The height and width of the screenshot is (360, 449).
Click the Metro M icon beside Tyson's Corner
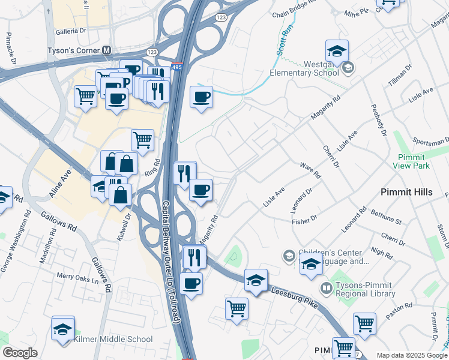click(x=107, y=51)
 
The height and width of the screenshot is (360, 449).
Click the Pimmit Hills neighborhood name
click(x=411, y=191)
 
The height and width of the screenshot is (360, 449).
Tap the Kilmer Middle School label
click(x=113, y=339)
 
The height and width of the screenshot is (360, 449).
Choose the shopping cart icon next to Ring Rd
click(x=142, y=140)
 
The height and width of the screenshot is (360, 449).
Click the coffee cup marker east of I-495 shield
click(x=201, y=97)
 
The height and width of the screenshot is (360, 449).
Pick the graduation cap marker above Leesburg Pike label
click(x=256, y=280)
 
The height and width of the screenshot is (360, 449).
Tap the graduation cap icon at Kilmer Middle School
click(x=63, y=329)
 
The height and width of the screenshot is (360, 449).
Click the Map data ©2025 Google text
click(x=412, y=355)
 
